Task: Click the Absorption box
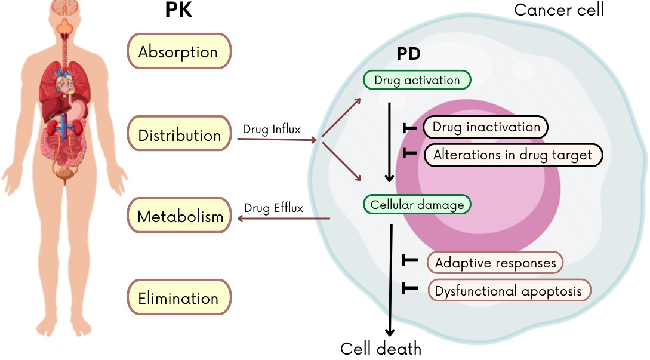[178, 51]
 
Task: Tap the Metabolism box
[179, 216]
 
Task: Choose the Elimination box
[178, 297]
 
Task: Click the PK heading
[178, 10]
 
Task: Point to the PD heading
[409, 54]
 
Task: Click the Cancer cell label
[559, 10]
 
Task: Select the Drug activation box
[417, 80]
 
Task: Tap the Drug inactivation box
[485, 127]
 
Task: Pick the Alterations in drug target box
[513, 155]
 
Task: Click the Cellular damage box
[417, 205]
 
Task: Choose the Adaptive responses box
[495, 262]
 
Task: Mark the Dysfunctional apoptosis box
[509, 291]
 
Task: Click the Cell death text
[380, 349]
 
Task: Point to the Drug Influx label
[272, 128]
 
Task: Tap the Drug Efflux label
[273, 208]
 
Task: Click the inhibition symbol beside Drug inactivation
[409, 127]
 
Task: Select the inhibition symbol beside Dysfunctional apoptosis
[409, 288]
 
